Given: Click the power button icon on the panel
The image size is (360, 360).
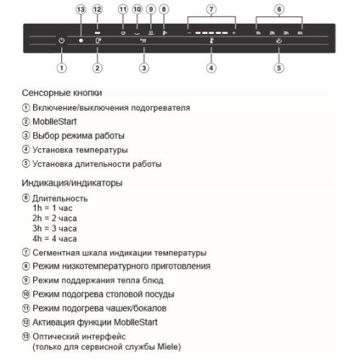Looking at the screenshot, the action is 62,40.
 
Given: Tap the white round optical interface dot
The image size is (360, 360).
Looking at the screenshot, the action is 81,40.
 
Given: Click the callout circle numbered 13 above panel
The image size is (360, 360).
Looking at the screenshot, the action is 81,9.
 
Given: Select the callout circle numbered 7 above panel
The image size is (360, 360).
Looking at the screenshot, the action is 211,9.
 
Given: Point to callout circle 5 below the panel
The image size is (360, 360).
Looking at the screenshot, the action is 279,68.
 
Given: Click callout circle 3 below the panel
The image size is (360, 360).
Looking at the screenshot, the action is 144,68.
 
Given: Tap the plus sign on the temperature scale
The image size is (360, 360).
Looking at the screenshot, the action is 234,32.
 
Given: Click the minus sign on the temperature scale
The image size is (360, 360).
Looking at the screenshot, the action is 189,32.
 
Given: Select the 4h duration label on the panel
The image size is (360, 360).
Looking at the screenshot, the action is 300,33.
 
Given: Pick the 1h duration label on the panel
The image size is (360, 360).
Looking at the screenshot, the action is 258,33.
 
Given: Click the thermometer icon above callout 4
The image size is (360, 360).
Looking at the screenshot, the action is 211,40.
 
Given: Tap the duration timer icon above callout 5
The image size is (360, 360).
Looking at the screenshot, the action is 279,40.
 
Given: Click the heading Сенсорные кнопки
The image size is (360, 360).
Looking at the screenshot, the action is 62,93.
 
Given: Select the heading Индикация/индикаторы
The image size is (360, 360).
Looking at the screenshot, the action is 72,183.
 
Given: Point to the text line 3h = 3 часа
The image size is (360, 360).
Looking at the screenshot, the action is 55,228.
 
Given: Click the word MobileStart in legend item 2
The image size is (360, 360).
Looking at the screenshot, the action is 55,122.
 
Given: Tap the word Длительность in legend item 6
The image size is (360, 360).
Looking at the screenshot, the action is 60,199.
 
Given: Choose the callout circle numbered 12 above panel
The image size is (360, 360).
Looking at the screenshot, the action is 97,9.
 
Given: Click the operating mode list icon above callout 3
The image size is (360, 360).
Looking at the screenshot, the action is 143,40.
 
